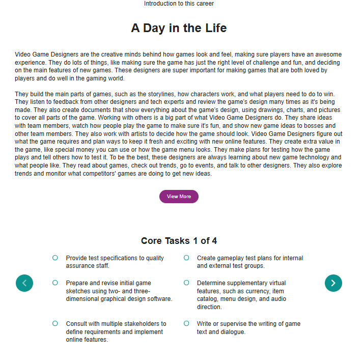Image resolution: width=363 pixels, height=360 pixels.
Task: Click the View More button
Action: (179, 197)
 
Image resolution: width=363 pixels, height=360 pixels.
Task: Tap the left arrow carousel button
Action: (24, 283)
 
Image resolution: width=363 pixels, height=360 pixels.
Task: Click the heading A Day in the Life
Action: (179, 28)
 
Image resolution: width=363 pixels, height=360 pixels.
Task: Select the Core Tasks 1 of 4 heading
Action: (179, 241)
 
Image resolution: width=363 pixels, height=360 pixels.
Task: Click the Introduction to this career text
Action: (179, 4)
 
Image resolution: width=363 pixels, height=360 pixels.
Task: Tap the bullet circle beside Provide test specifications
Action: (55, 258)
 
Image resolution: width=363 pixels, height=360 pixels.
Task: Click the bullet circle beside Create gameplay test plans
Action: (186, 258)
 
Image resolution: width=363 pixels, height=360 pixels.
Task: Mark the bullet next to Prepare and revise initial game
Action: (55, 283)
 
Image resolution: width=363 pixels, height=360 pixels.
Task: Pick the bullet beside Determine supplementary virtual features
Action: (186, 283)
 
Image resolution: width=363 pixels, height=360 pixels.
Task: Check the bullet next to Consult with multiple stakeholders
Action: (55, 323)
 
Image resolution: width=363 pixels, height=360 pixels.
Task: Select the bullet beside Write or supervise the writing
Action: (186, 323)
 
